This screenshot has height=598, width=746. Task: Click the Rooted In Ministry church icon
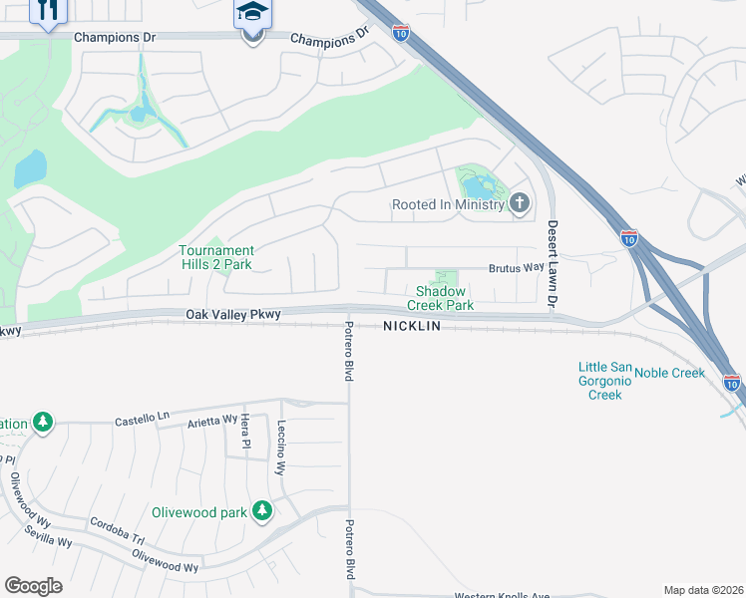coord(519,204)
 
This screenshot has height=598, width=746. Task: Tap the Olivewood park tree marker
coord(262,510)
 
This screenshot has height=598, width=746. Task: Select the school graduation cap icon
coord(252,14)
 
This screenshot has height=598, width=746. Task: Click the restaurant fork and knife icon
coord(48,10)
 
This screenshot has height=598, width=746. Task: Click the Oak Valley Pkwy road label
coord(234,314)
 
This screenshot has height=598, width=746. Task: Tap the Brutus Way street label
coord(516,268)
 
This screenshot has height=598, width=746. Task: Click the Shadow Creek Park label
coord(445,298)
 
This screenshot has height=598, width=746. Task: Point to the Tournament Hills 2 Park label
coord(216,258)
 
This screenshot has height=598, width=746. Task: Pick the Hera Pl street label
coord(244,433)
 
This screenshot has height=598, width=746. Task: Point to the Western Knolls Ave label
coord(502,596)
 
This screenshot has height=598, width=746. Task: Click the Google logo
coord(33,586)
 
